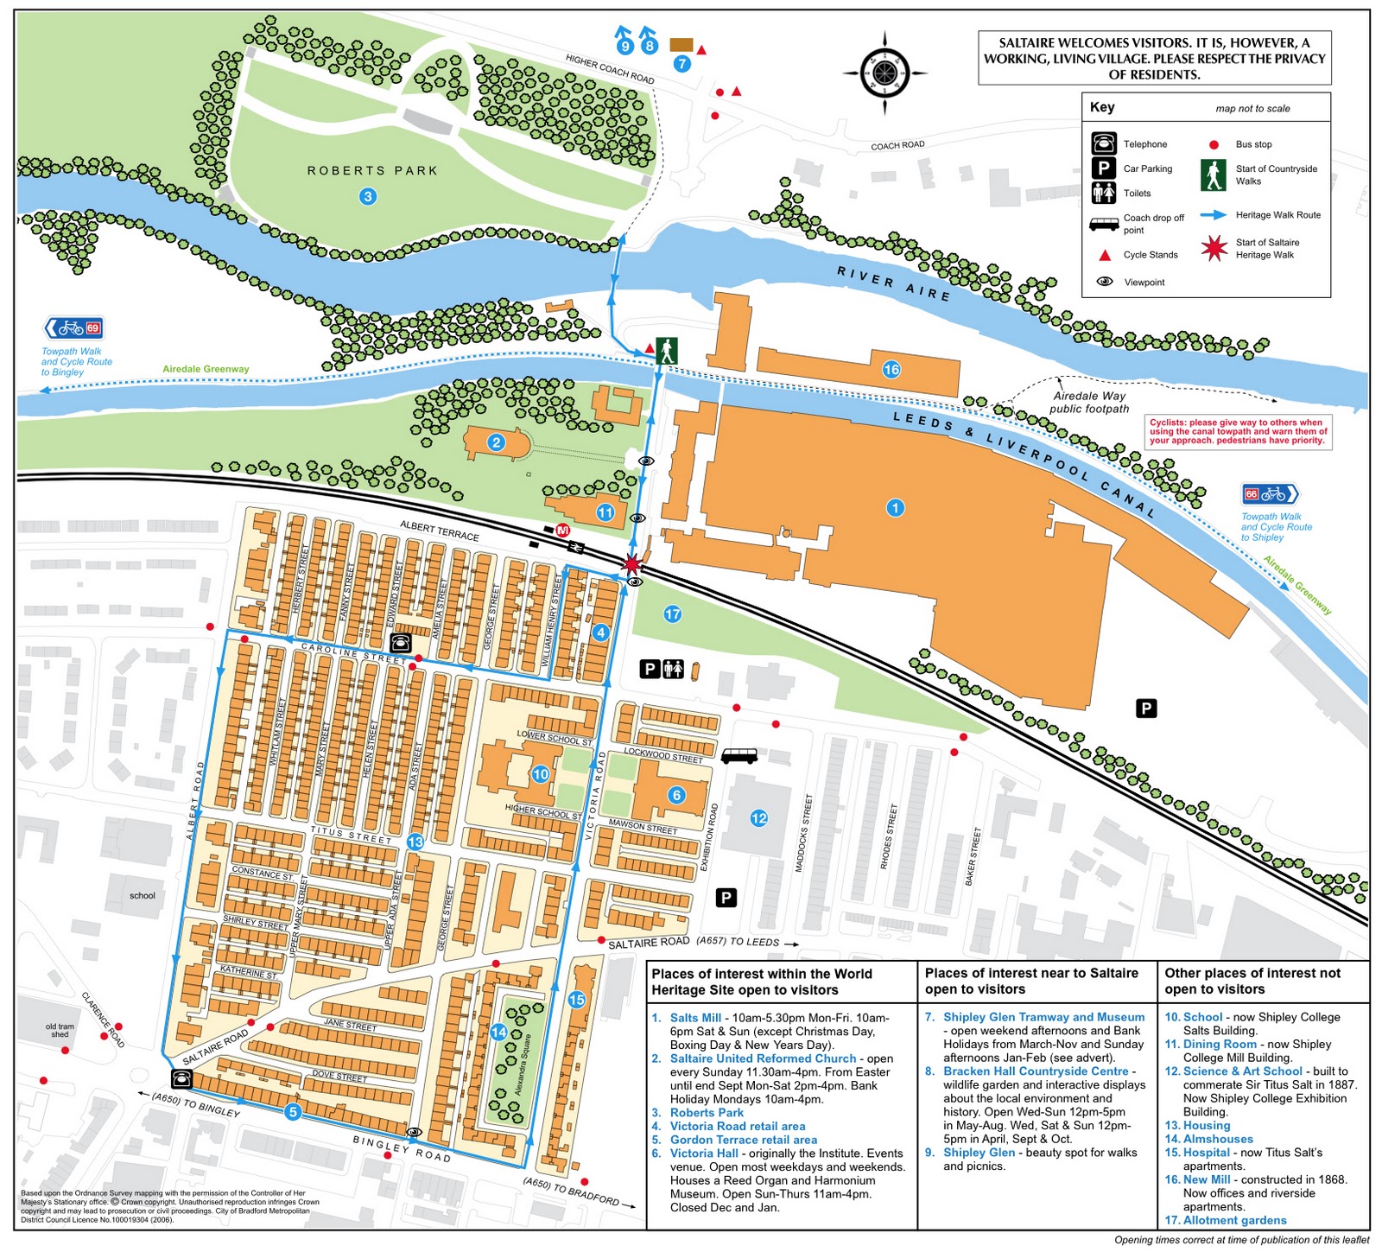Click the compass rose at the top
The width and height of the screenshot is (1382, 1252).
pos(884,73)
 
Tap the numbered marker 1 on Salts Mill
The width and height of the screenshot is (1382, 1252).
pos(895,507)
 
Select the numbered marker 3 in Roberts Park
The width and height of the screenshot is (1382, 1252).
pos(368,196)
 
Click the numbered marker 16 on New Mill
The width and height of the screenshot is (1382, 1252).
pos(891,370)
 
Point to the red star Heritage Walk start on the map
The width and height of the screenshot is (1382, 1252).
pos(631,564)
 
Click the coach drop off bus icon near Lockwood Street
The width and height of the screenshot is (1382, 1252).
pos(739,756)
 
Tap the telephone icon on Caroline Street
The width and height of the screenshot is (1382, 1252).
pos(400,643)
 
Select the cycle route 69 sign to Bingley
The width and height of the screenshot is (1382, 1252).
pos(73,327)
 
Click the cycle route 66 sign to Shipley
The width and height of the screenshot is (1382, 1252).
pos(1270,493)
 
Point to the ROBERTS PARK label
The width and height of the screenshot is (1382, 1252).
pos(372,171)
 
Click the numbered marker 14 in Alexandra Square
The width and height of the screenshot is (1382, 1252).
pos(498,1032)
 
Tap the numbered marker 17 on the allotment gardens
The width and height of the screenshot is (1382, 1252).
pos(672,613)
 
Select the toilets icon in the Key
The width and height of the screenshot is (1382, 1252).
pos(1103,193)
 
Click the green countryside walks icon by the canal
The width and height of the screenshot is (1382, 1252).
pos(666,351)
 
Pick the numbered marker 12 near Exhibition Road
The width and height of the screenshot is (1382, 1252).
pos(758,817)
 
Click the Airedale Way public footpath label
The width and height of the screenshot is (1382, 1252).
pos(1088,402)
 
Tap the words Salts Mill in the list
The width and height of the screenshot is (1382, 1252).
pos(695,1018)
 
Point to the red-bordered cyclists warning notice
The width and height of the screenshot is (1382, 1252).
pos(1237,431)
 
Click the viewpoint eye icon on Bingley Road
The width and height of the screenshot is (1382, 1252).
pos(414,1132)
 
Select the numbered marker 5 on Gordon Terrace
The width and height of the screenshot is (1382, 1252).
pos(293,1112)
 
